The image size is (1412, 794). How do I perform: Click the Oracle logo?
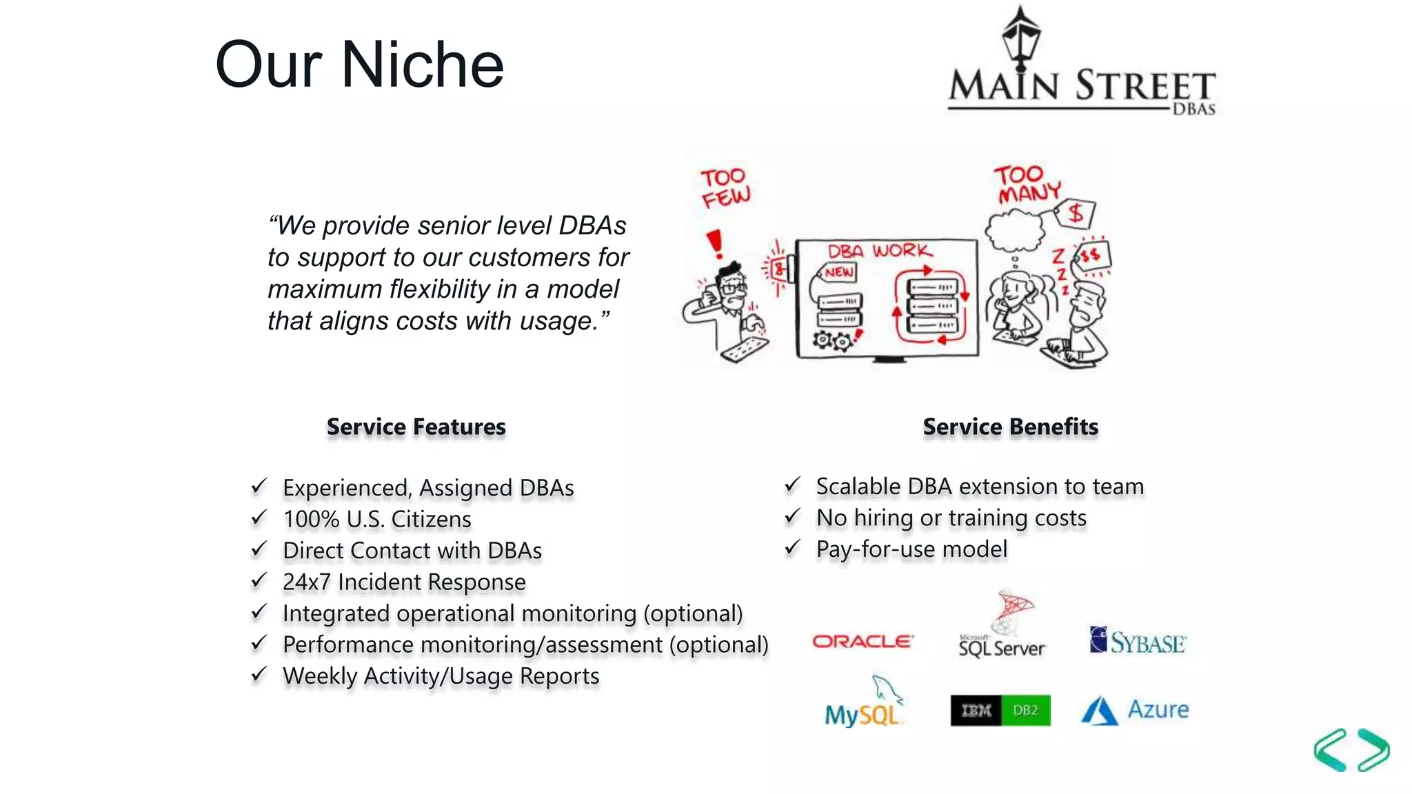(x=863, y=642)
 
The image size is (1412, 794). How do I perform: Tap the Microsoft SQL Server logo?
(x=1002, y=627)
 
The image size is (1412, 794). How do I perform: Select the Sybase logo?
(x=1138, y=641)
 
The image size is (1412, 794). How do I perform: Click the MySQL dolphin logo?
(x=864, y=703)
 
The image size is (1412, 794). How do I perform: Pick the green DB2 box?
(x=1025, y=711)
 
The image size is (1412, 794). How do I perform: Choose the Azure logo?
(x=1135, y=711)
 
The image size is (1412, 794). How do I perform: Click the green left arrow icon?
(x=1330, y=749)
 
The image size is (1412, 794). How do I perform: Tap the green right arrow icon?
(x=1373, y=749)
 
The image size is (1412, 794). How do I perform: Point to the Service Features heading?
(x=416, y=427)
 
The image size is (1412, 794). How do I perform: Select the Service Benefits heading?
(x=1010, y=427)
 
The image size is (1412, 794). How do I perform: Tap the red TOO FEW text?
(x=725, y=187)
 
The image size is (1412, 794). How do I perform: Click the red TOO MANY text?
(x=1027, y=185)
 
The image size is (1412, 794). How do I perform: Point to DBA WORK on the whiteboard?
(x=879, y=251)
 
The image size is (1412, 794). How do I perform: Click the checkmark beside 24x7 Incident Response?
(x=259, y=581)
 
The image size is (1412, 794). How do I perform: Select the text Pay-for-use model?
(x=911, y=549)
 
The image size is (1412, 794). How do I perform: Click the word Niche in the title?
(x=423, y=65)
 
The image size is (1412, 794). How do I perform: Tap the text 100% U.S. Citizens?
(x=376, y=519)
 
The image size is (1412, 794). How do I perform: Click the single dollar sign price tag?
(x=1076, y=213)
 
